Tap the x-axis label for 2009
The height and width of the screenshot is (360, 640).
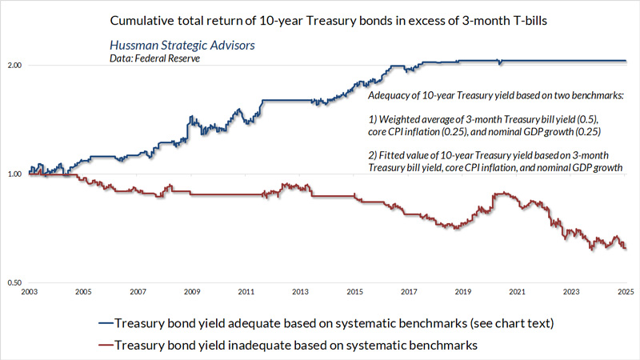point(192,293)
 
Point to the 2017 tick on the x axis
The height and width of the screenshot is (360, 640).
point(410,293)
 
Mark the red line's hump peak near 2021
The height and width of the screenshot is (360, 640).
point(502,193)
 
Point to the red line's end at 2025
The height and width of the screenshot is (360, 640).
point(626,249)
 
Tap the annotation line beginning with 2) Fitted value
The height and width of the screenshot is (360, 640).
point(496,155)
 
